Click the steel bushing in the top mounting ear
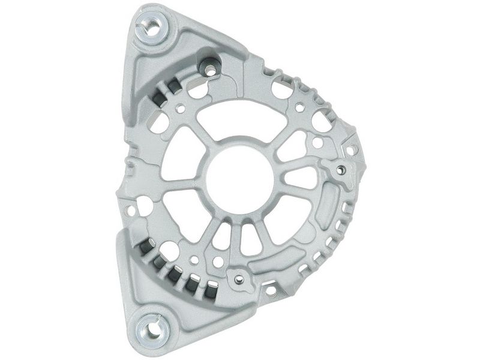[x=151, y=27]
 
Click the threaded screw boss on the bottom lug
[x=239, y=279]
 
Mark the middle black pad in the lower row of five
[x=175, y=273]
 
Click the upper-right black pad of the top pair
[x=172, y=88]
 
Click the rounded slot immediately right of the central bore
[x=299, y=178]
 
